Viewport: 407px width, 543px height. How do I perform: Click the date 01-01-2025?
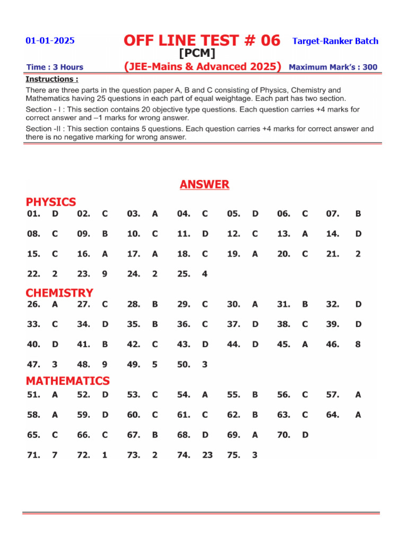pyautogui.click(x=50, y=41)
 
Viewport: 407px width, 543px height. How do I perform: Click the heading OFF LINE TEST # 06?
pyautogui.click(x=201, y=40)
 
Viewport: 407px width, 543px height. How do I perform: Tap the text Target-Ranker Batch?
pyautogui.click(x=335, y=41)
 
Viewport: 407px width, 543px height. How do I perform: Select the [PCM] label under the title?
pyautogui.click(x=197, y=54)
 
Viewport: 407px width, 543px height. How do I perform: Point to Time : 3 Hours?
pyautogui.click(x=55, y=67)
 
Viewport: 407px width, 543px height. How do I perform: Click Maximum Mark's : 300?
pyautogui.click(x=333, y=67)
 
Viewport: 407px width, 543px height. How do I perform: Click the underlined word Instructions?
pyautogui.click(x=51, y=79)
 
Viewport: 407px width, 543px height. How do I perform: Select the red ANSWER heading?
pyautogui.click(x=204, y=185)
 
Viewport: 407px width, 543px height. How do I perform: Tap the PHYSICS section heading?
pyautogui.click(x=51, y=202)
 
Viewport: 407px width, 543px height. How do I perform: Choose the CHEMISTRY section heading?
pyautogui.click(x=59, y=293)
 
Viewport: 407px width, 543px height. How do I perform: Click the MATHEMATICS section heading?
pyautogui.click(x=68, y=381)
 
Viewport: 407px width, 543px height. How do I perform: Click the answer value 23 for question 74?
pyautogui.click(x=207, y=455)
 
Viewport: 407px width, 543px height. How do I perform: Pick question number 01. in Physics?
pyautogui.click(x=33, y=214)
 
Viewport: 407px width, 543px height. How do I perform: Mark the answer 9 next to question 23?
pyautogui.click(x=104, y=274)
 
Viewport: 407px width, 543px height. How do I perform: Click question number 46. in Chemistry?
pyautogui.click(x=332, y=344)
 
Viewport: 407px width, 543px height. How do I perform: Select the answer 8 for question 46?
pyautogui.click(x=358, y=344)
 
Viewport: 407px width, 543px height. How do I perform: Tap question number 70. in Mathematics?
pyautogui.click(x=284, y=435)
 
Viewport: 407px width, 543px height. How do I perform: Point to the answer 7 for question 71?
pyautogui.click(x=55, y=455)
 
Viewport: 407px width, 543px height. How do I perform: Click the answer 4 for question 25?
pyautogui.click(x=205, y=274)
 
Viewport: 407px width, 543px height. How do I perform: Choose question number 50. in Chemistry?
pyautogui.click(x=183, y=364)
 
